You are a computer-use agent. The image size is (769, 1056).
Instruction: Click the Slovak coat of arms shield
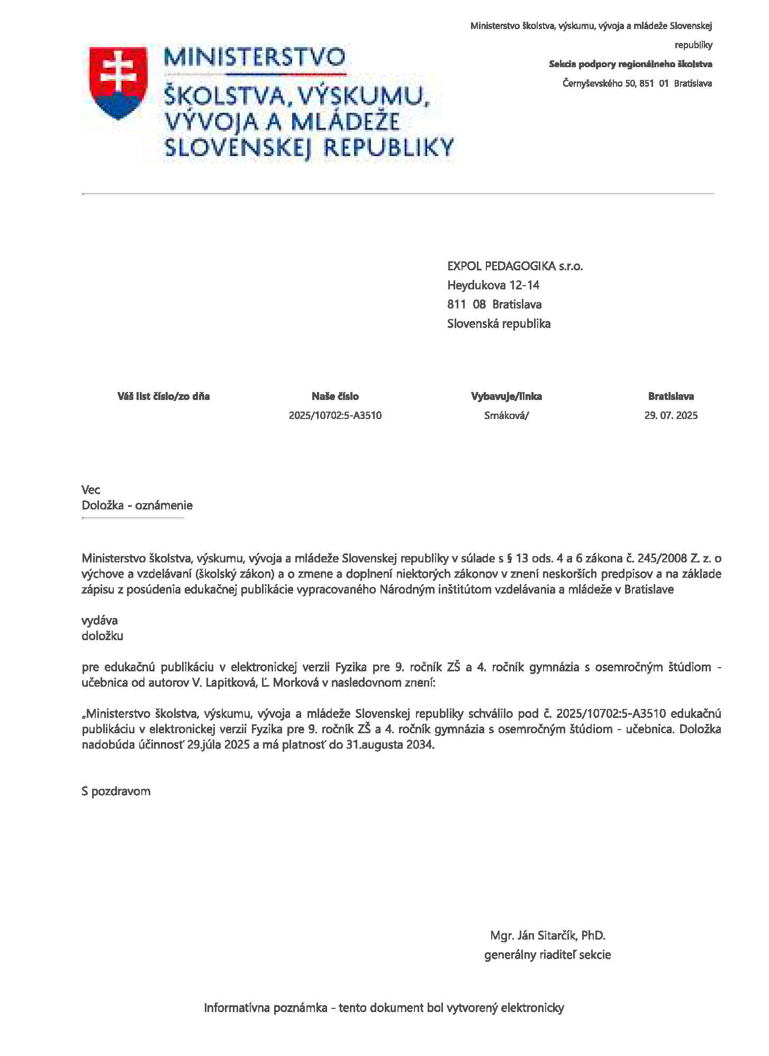[x=117, y=83]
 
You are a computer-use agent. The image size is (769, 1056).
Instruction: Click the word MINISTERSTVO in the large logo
[x=255, y=57]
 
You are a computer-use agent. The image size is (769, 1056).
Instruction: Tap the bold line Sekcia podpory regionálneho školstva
[x=630, y=64]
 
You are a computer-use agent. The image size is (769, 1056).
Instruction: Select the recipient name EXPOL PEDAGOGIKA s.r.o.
[x=514, y=266]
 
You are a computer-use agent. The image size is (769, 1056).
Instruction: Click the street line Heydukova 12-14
[x=493, y=285]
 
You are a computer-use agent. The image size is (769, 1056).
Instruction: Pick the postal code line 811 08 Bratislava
[x=494, y=304]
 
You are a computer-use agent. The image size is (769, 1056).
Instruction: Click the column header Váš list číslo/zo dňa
[x=164, y=396]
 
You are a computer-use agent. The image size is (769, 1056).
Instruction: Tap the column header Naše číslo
[x=335, y=396]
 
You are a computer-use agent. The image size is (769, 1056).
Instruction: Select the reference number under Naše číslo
[x=335, y=415]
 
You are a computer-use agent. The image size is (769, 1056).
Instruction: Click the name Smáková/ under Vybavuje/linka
[x=506, y=415]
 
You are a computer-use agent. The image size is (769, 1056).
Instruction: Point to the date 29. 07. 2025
[x=671, y=415]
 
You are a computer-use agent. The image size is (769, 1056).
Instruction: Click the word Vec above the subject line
[x=91, y=489]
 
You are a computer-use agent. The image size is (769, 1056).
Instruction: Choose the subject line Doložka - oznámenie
[x=137, y=505]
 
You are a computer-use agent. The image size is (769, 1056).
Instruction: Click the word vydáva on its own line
[x=99, y=620]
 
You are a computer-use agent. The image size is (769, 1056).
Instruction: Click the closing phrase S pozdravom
[x=116, y=791]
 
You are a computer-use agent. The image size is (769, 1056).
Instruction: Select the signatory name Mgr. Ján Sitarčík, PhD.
[x=548, y=935]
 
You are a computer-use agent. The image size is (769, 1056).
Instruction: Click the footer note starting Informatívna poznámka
[x=384, y=1007]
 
